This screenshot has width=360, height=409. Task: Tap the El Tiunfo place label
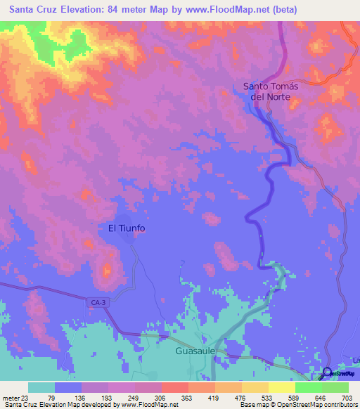[127, 228]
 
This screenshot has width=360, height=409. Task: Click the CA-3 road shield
[100, 302]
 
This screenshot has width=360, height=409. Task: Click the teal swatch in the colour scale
[41, 387]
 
